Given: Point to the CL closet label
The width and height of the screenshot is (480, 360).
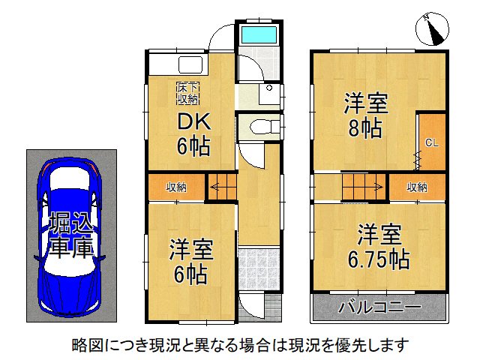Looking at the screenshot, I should tap(432, 142).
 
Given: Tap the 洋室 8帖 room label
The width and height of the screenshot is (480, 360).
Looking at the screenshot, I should tap(364, 115).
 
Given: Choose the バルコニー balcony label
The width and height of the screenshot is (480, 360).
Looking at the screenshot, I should tap(379, 307).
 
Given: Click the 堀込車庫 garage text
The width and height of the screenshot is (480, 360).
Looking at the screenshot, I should tap(71, 235).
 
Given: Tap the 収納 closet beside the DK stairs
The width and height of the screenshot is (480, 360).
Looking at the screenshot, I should tap(175, 187).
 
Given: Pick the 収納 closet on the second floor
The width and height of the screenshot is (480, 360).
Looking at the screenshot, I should tap(417, 187).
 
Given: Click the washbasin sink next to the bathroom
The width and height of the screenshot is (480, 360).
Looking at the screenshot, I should tap(268, 93).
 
